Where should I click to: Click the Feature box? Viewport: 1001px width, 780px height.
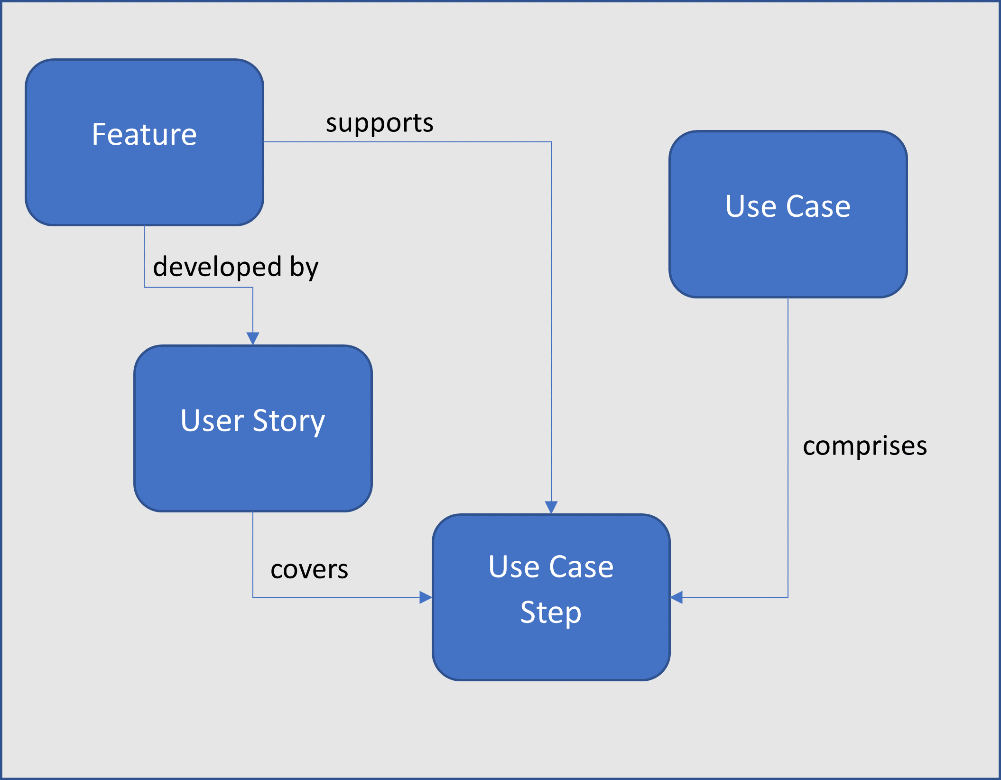click(x=145, y=142)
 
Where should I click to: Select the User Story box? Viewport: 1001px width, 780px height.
click(x=253, y=428)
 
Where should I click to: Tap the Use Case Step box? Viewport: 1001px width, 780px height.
click(x=551, y=597)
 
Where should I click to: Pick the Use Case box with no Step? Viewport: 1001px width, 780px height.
click(x=788, y=214)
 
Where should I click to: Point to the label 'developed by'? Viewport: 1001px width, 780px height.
click(x=236, y=267)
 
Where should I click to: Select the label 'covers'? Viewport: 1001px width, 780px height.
click(x=309, y=569)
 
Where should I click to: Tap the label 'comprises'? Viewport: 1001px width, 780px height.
click(x=865, y=446)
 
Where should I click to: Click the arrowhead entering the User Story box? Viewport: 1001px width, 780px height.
click(x=253, y=339)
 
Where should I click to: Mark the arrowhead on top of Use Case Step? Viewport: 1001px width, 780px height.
click(x=551, y=508)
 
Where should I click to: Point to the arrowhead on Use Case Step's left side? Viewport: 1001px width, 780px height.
click(x=426, y=597)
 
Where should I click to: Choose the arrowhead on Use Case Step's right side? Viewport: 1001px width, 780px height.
click(x=677, y=597)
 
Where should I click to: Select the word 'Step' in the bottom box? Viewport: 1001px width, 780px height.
click(x=551, y=613)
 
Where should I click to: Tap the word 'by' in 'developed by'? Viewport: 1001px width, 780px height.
click(x=304, y=268)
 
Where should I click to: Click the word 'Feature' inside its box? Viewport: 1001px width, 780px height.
click(x=144, y=134)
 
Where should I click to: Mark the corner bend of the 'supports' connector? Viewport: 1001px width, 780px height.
click(x=551, y=142)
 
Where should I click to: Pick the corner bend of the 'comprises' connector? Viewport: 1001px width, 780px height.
click(x=788, y=597)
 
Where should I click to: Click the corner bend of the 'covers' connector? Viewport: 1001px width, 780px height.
click(x=253, y=597)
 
